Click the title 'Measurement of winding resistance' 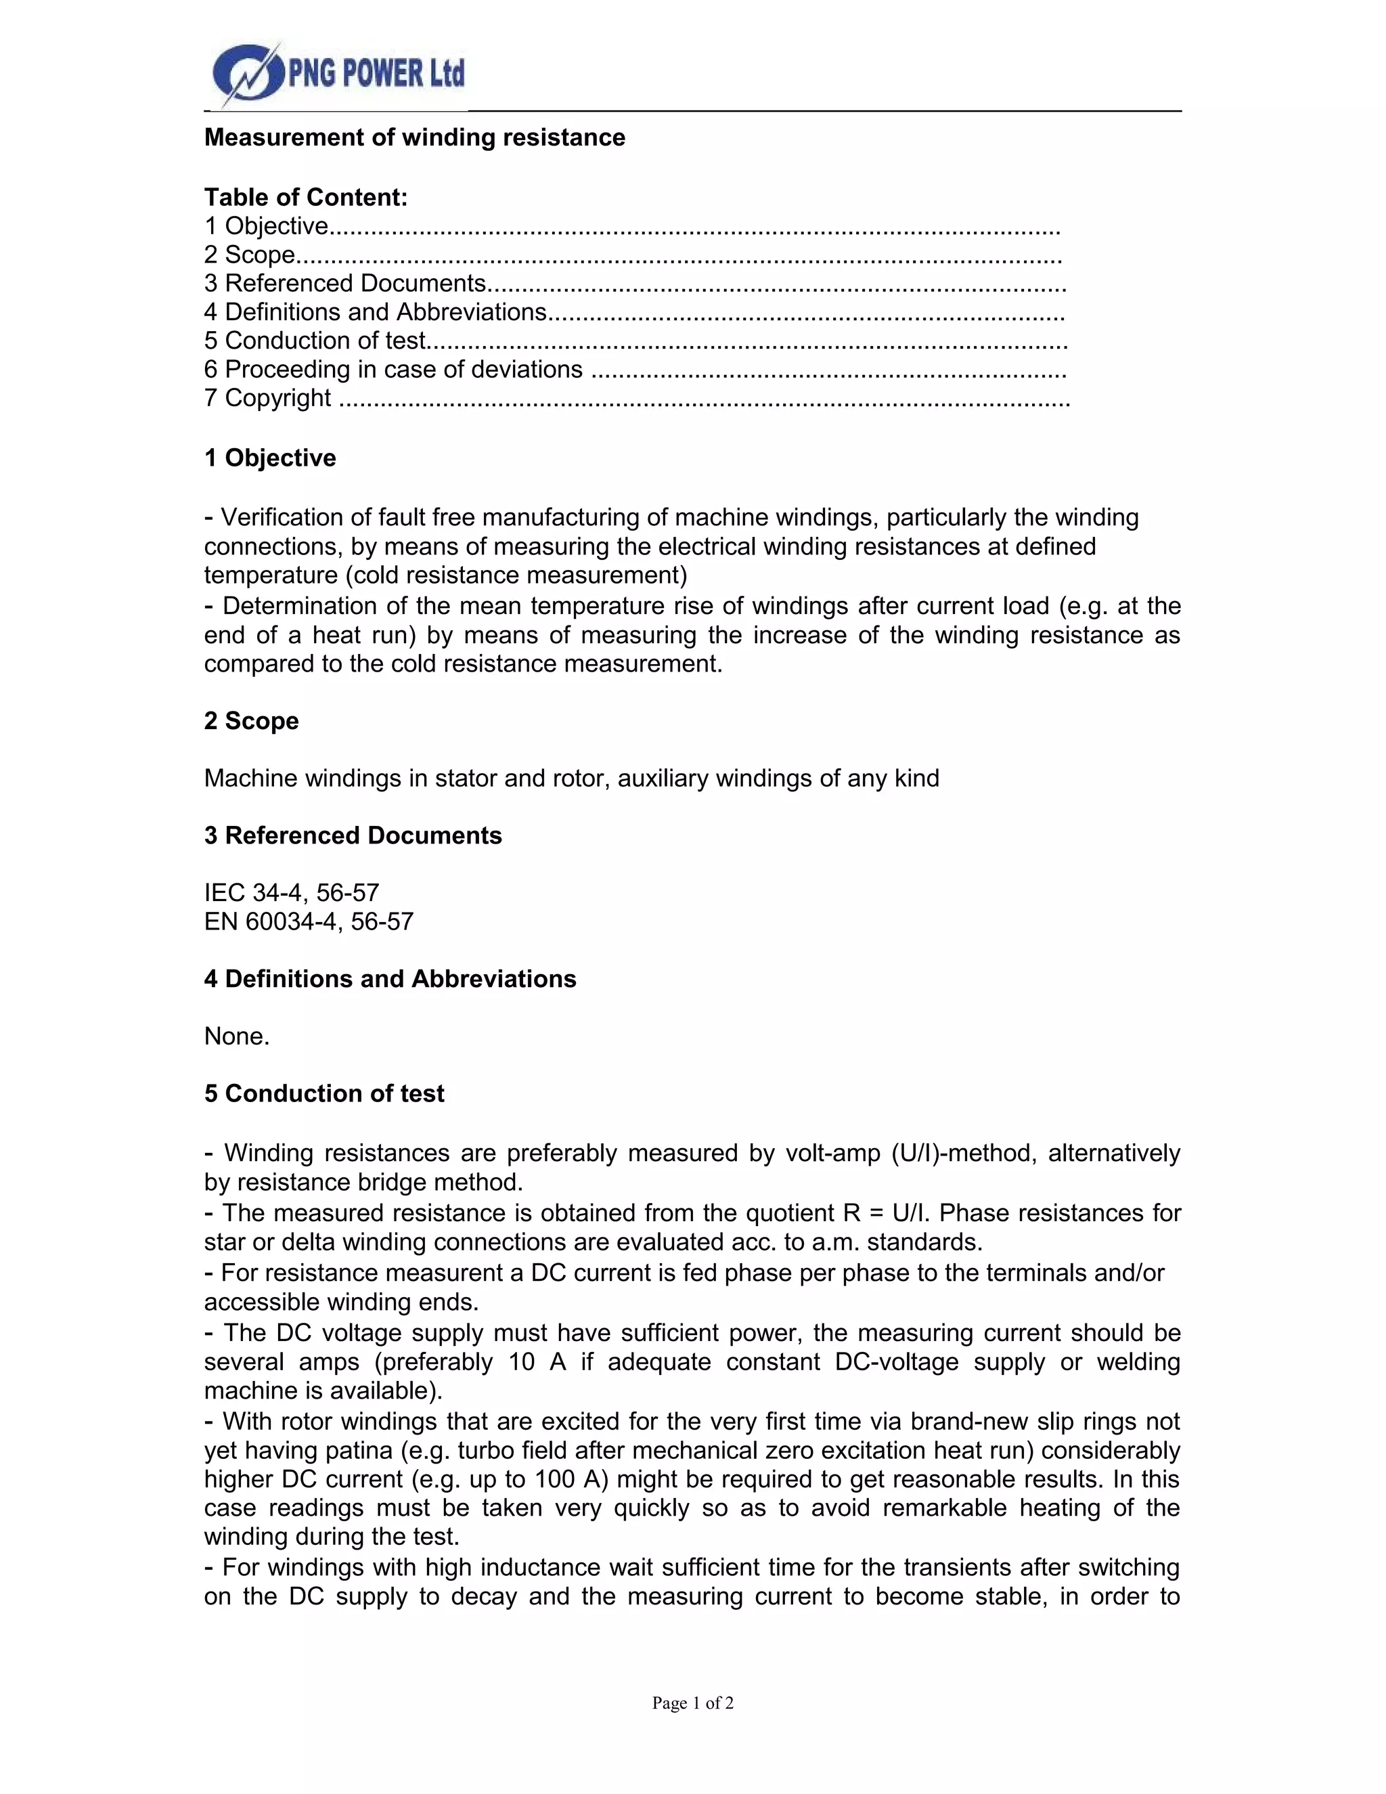coord(415,137)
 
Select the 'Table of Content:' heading coord(305,197)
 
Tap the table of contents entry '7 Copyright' coord(268,397)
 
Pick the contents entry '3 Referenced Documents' coord(345,284)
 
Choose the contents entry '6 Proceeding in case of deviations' coord(393,370)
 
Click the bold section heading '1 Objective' coord(270,458)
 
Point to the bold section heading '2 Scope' coord(251,720)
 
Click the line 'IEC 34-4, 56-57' coord(292,892)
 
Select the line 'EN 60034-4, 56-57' coord(309,921)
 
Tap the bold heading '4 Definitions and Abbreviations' coord(390,978)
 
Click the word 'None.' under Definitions coord(236,1036)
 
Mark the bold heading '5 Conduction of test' coord(324,1093)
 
